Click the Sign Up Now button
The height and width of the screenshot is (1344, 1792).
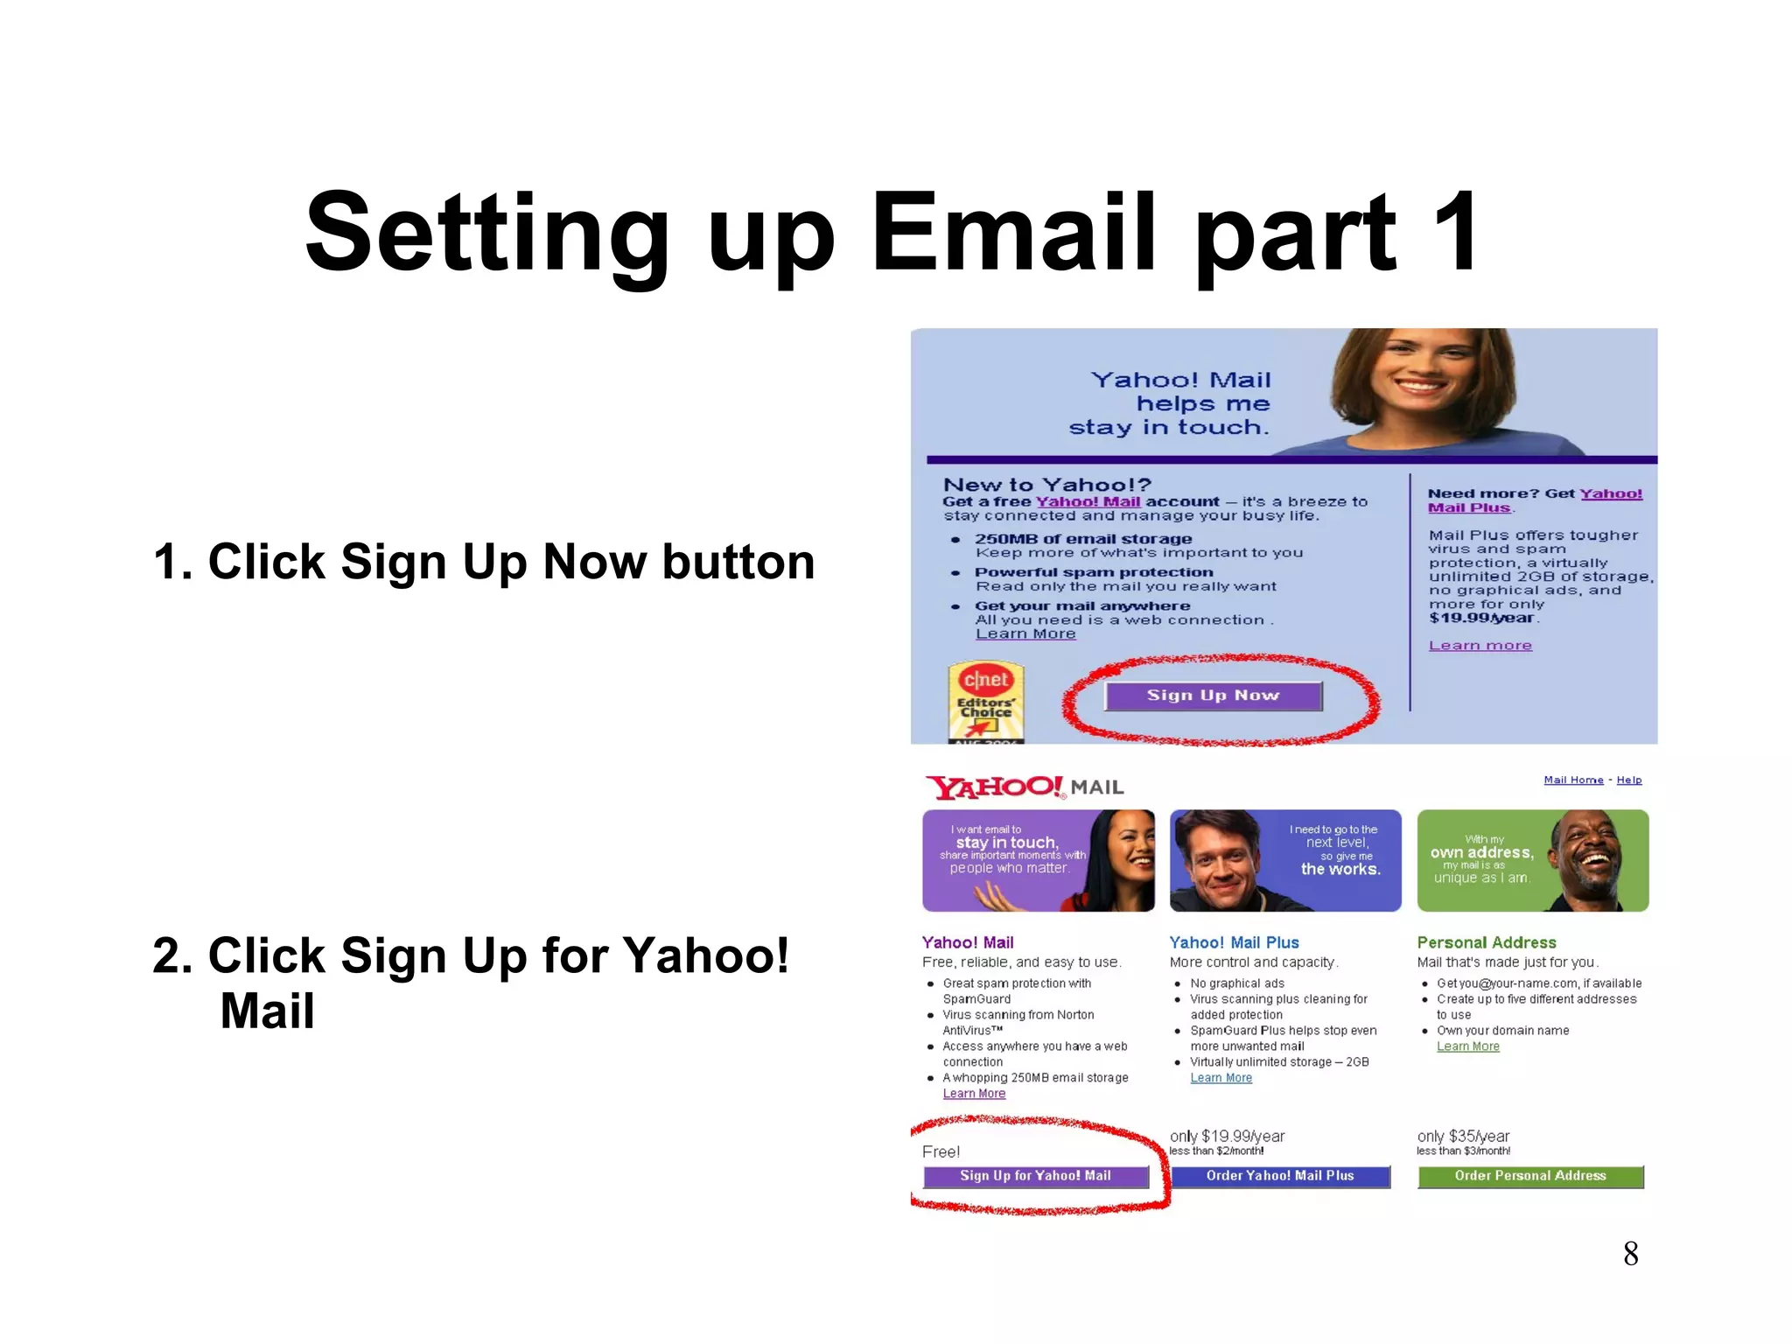1212,696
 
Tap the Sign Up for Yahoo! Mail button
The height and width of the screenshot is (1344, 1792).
1035,1176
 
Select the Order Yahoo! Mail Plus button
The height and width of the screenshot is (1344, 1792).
1279,1176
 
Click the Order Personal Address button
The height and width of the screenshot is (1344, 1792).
1529,1176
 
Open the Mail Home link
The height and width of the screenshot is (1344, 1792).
1572,780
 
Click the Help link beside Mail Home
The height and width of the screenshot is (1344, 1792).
1628,780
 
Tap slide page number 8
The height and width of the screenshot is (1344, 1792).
1630,1254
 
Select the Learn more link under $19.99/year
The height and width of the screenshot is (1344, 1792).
1480,646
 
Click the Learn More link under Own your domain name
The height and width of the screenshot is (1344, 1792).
1467,1046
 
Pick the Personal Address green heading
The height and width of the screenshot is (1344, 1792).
1486,942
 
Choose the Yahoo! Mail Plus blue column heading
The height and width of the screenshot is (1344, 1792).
1234,942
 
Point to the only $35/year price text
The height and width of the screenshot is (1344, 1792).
1463,1136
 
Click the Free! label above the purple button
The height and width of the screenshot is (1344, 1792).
941,1151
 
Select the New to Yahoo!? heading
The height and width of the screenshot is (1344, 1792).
1046,485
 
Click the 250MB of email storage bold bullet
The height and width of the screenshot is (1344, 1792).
1083,539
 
